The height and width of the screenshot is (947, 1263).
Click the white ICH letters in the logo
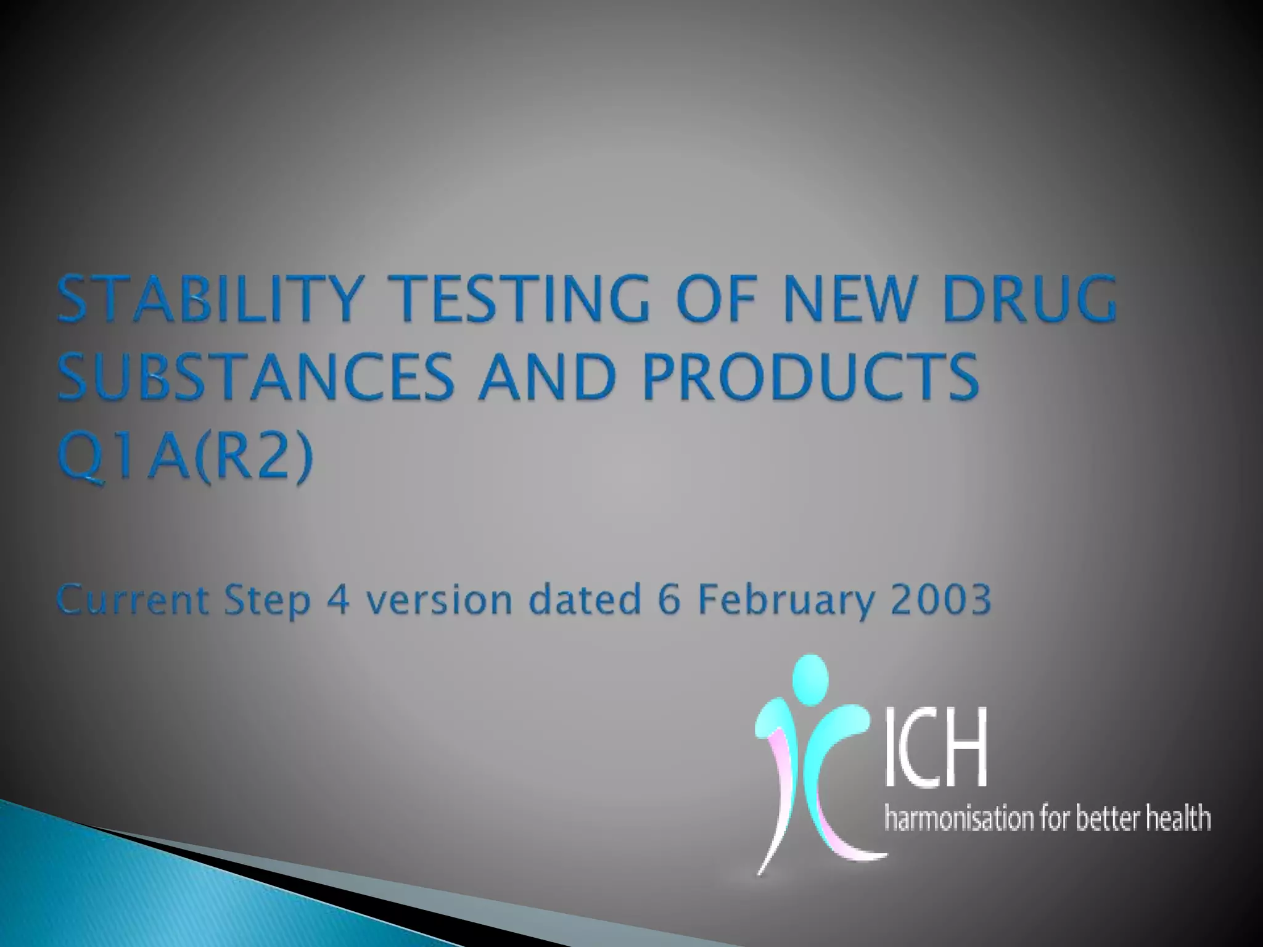pyautogui.click(x=936, y=748)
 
